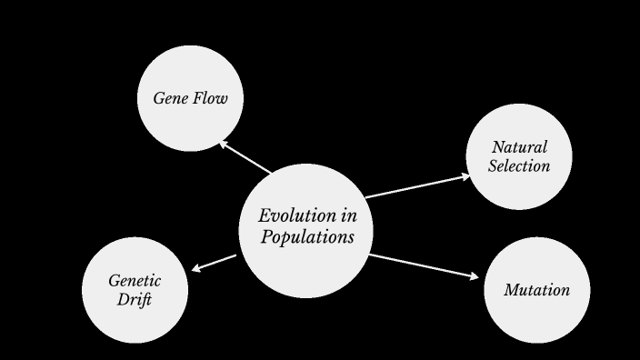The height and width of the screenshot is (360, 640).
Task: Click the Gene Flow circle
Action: [x=190, y=98]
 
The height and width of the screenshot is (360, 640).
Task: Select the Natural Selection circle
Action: [x=519, y=156]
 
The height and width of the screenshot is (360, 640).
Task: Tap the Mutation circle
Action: [x=536, y=290]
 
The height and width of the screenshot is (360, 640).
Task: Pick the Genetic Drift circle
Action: [x=135, y=290]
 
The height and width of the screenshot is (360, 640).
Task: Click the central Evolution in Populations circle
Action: [x=307, y=229]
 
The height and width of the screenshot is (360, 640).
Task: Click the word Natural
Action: [x=519, y=147]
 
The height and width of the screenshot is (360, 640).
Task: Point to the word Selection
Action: [x=519, y=166]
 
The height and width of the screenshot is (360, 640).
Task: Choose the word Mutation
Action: [x=536, y=291]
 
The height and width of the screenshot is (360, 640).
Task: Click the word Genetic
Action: [x=135, y=281]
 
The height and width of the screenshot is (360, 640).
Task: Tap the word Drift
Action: [x=135, y=300]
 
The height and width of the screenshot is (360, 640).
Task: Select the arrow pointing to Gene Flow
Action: [x=245, y=156]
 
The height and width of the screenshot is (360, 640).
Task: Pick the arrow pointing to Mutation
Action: [x=424, y=266]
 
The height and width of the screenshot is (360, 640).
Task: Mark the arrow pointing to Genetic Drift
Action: [x=215, y=264]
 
